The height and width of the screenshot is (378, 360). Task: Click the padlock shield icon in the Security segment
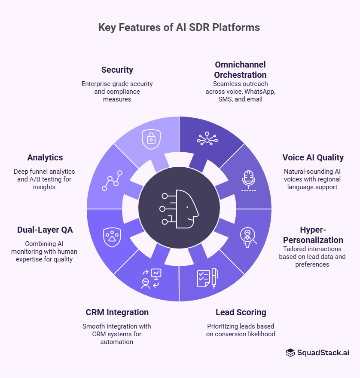coord(151,139)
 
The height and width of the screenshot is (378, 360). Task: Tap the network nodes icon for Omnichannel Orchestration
coord(207,139)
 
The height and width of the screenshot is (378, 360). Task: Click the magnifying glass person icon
coord(248,237)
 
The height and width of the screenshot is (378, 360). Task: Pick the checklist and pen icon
coord(207,278)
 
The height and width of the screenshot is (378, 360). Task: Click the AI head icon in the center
coord(180,208)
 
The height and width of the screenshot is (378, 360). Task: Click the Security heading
coord(117,70)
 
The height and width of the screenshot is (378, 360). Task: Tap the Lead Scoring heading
coord(241,312)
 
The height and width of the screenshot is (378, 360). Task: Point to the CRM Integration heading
coord(117,312)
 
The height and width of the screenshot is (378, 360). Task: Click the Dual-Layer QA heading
coord(45,230)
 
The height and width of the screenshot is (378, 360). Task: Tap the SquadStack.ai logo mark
coord(290,353)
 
